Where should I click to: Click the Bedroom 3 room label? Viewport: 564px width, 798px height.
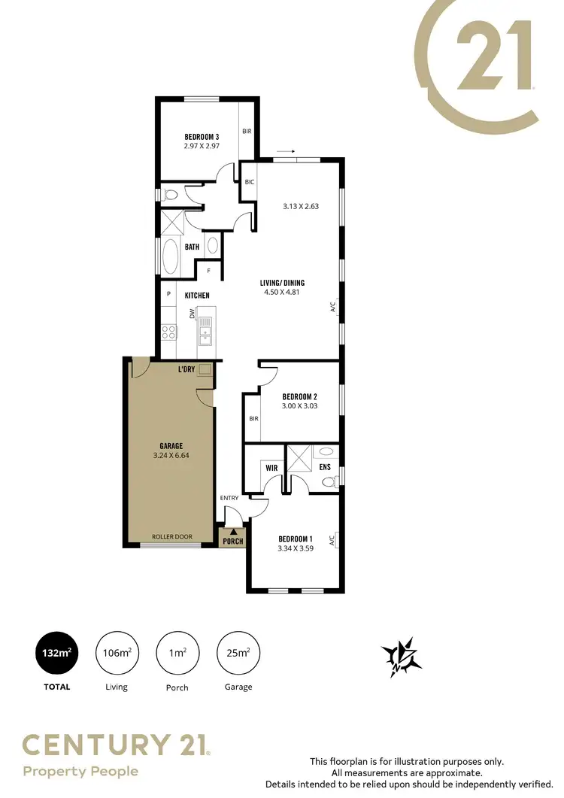[x=202, y=137]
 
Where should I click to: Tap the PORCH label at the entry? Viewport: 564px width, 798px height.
[x=232, y=540]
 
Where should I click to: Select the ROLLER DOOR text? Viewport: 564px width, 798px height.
[x=171, y=537]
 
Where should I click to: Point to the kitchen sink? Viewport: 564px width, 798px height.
[x=205, y=327]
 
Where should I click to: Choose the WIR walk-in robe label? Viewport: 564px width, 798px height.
[x=271, y=467]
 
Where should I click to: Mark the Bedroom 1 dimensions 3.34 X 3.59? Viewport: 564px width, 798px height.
[x=295, y=548]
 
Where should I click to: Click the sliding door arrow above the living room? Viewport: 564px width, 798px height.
[x=286, y=151]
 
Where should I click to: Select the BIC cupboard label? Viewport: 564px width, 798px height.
[x=249, y=181]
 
